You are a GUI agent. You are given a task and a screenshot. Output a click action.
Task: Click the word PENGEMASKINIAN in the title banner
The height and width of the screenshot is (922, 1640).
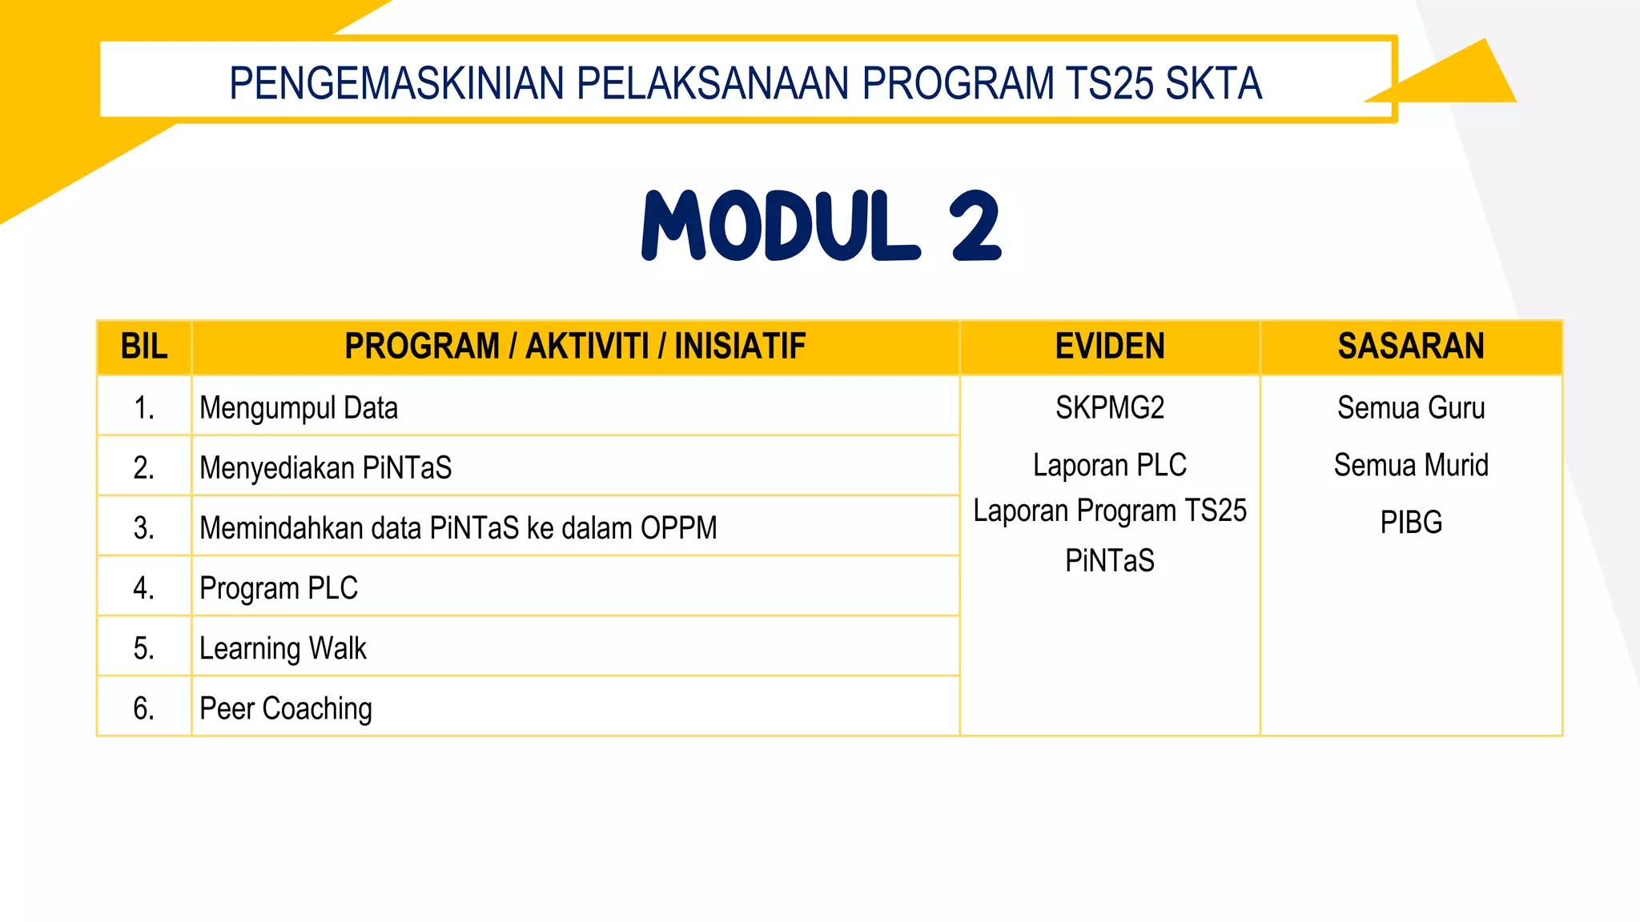tap(396, 83)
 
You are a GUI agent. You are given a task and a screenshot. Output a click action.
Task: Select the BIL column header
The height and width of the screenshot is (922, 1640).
tap(144, 347)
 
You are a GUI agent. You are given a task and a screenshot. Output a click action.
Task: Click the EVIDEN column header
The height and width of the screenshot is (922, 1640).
tap(1109, 347)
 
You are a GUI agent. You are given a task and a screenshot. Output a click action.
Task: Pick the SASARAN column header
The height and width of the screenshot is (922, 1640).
tap(1410, 347)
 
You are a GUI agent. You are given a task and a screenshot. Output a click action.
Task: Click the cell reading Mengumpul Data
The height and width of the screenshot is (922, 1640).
tap(299, 408)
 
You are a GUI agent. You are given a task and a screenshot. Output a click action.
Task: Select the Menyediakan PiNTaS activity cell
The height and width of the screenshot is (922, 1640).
tap(325, 467)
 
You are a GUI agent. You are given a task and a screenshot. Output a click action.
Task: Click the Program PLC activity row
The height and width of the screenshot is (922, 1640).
tap(279, 588)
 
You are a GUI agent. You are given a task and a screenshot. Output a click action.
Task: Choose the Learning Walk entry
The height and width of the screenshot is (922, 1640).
tap(283, 648)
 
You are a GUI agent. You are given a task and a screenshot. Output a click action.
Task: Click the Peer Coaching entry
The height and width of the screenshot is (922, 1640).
tap(286, 708)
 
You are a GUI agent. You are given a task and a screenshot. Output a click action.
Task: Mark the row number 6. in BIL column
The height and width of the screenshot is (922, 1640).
tap(144, 708)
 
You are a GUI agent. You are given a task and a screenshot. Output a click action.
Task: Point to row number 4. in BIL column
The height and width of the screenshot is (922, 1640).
tap(144, 588)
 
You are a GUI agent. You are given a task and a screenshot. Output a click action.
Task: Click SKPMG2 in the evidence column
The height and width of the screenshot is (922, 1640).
tap(1109, 408)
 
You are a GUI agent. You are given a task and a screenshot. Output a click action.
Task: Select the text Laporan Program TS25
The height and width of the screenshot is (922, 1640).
tap(1109, 511)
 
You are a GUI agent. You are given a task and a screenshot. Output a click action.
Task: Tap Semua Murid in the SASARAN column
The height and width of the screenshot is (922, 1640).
tap(1410, 465)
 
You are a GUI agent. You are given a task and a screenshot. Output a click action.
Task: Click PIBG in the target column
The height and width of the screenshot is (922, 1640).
tap(1410, 523)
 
